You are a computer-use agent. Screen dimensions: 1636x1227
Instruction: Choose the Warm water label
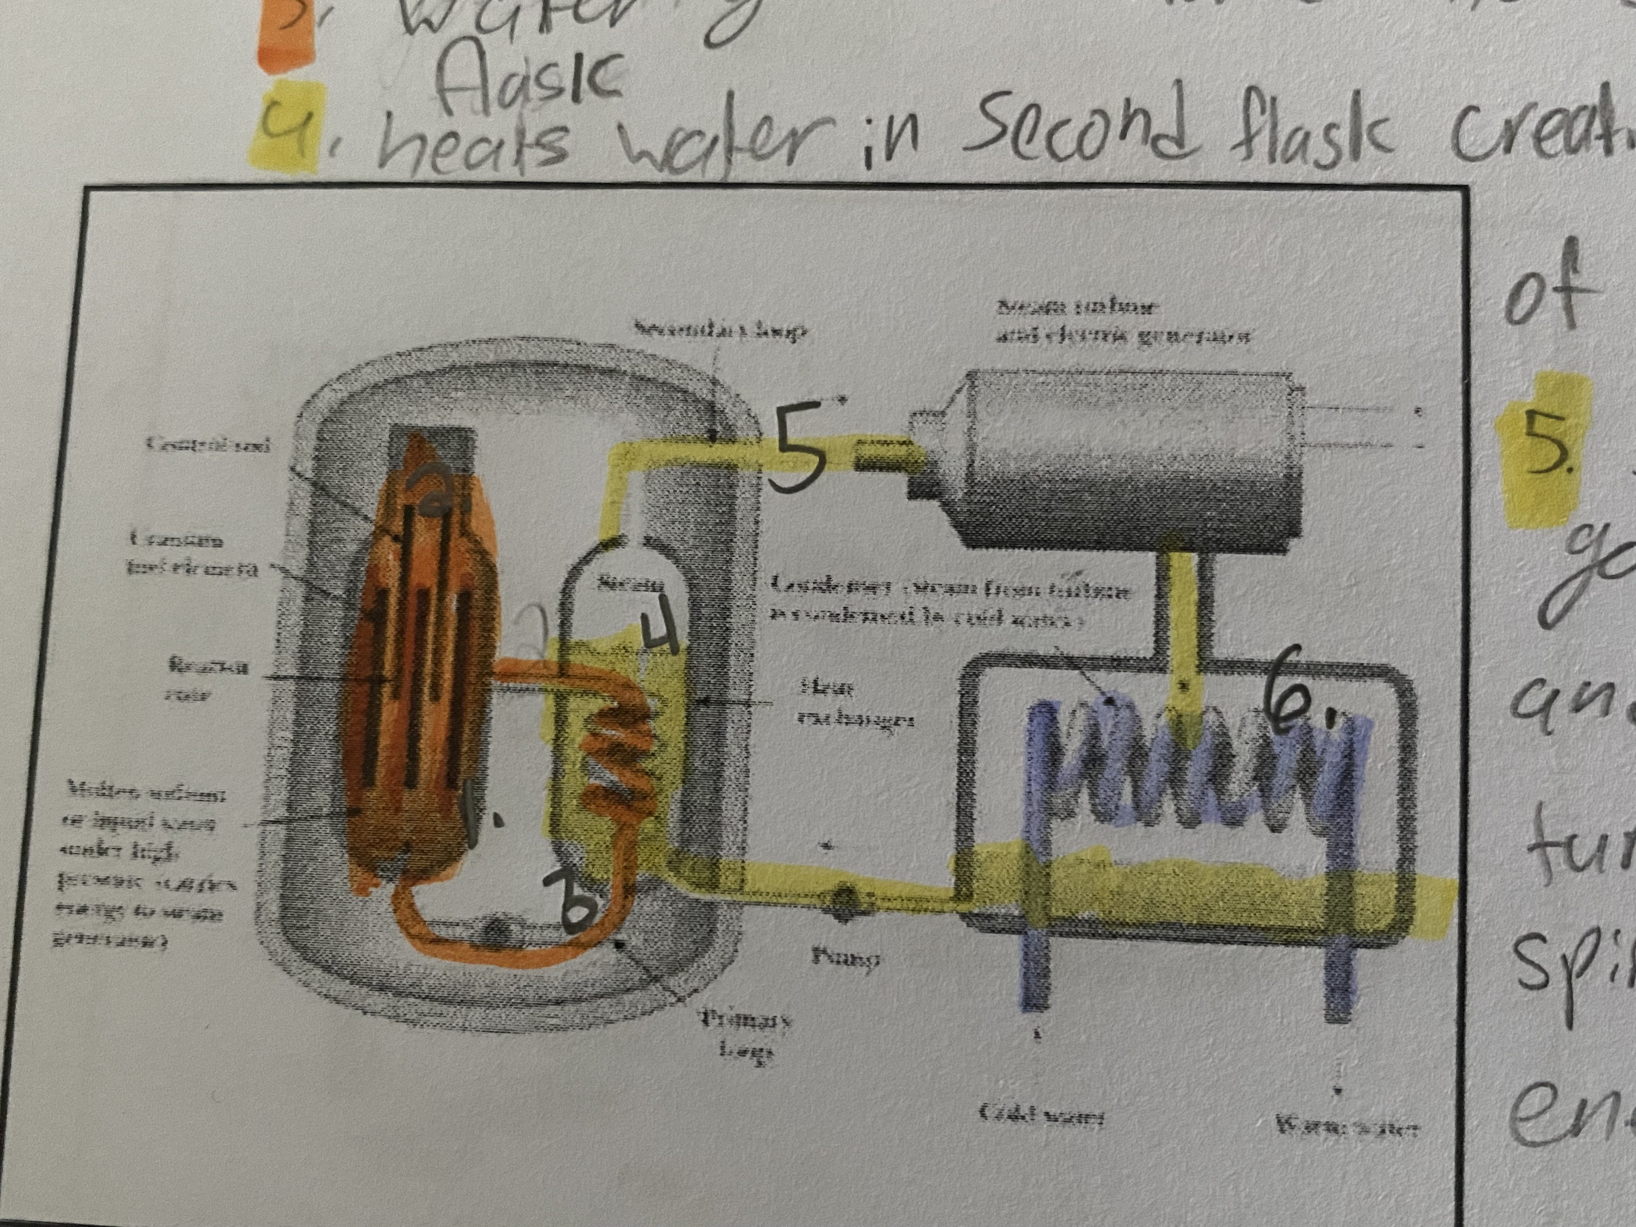coord(1346,1150)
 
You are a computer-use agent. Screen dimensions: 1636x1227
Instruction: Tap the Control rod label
coord(207,444)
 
